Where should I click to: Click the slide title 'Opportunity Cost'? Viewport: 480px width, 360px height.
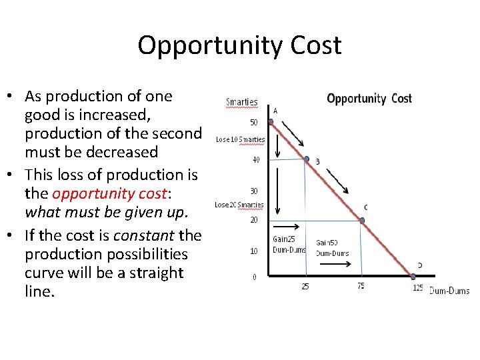tap(239, 45)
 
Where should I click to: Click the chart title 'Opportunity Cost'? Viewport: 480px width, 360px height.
tap(369, 99)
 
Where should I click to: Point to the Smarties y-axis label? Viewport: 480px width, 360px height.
tap(241, 103)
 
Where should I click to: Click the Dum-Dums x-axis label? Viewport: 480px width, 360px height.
tap(449, 290)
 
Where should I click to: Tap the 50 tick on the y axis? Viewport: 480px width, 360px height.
tap(254, 123)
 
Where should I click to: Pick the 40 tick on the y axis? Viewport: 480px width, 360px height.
tap(255, 159)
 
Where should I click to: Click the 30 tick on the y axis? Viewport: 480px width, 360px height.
tap(254, 191)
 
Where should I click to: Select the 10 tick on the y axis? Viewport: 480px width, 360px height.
tap(253, 251)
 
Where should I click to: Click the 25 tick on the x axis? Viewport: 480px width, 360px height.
tap(305, 287)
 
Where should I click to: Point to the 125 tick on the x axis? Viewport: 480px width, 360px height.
tap(417, 288)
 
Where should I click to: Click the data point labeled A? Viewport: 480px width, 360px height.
tap(271, 122)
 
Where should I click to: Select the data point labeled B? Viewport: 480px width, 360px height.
tap(307, 159)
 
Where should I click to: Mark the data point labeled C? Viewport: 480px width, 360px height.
tap(363, 220)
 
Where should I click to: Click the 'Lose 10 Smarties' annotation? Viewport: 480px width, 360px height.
tap(240, 140)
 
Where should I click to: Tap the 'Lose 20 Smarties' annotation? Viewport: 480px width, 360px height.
tap(239, 205)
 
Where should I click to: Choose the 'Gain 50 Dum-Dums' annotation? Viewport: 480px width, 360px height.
tap(331, 248)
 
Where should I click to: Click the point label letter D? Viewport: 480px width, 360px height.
tap(419, 265)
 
